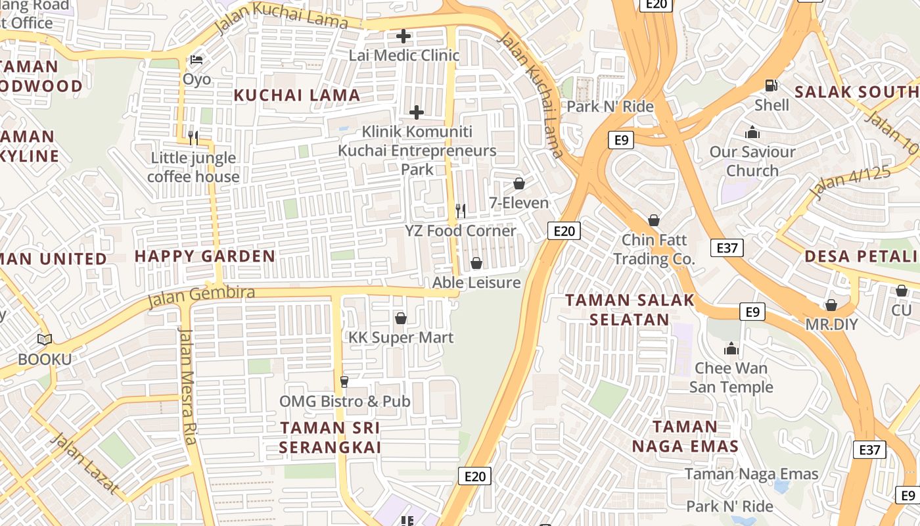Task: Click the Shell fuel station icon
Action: (771, 85)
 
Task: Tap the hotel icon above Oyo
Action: (196, 60)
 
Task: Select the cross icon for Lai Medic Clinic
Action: (403, 36)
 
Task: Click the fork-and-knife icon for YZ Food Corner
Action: (461, 210)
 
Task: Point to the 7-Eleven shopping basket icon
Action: (519, 183)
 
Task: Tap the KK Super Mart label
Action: (401, 337)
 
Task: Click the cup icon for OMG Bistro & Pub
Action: (343, 382)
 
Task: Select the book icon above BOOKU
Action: (45, 340)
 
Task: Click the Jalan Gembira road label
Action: (201, 296)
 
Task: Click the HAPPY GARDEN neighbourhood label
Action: (205, 256)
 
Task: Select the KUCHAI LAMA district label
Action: (297, 95)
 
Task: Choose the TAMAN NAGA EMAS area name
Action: (685, 436)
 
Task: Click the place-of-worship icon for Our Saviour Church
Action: (752, 133)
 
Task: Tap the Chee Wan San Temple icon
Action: (731, 348)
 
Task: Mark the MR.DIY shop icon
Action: (831, 305)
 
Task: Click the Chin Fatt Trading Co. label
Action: (654, 249)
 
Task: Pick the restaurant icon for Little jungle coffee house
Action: (193, 137)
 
